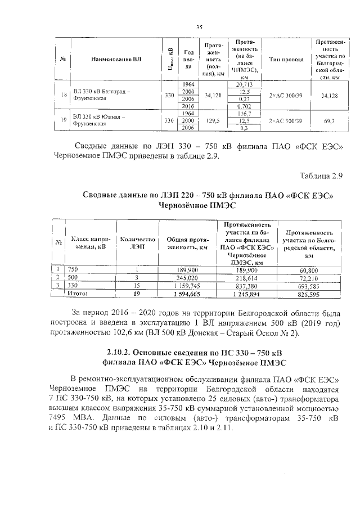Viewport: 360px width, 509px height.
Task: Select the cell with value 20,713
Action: pos(245,84)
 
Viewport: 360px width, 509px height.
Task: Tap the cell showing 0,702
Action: pos(245,106)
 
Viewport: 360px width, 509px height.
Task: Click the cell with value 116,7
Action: pos(245,113)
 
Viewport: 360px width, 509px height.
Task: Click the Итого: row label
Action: pos(78,293)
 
